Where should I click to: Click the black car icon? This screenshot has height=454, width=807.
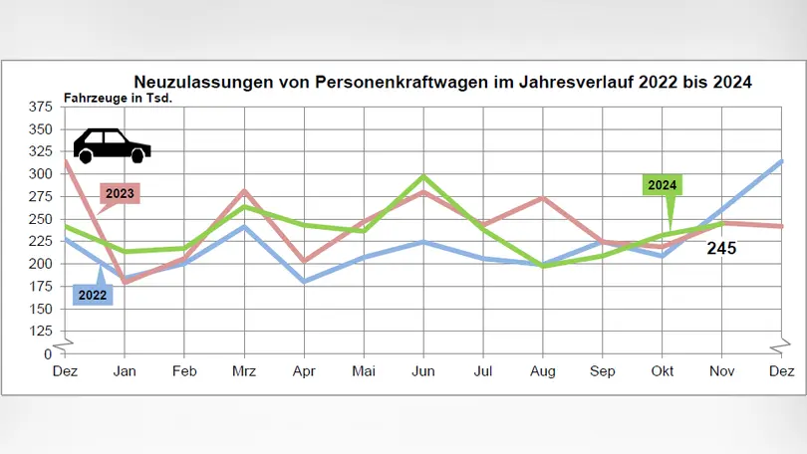112,145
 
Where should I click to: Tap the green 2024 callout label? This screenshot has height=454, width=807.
663,185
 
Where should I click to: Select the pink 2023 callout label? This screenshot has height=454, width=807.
120,193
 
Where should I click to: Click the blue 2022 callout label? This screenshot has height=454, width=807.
94,293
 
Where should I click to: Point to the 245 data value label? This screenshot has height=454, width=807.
721,249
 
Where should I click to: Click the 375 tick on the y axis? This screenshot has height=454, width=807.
41,107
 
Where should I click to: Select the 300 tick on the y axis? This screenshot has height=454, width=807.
41,174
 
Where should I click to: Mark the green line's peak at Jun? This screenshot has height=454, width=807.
423,177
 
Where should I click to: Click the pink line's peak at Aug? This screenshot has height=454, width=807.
543,198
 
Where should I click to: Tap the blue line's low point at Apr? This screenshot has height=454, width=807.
304,282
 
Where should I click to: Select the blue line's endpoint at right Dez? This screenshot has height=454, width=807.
782,161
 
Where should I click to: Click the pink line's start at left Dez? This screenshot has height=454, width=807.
65,160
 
